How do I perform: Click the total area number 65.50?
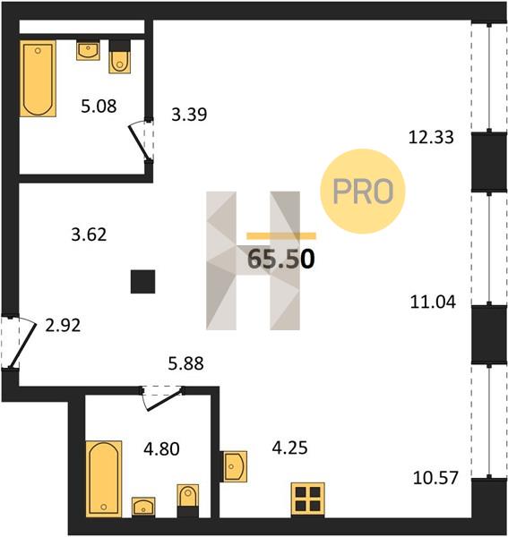(x=280, y=259)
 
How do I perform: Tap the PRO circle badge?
(x=363, y=192)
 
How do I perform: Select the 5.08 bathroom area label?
(x=99, y=106)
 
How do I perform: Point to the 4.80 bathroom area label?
(x=161, y=448)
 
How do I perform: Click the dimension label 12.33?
(x=431, y=137)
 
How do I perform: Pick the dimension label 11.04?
(x=433, y=303)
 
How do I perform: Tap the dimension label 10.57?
(x=435, y=478)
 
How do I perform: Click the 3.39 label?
(x=189, y=115)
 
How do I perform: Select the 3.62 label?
(x=89, y=234)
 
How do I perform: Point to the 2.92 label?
(x=63, y=325)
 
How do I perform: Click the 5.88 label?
(x=185, y=363)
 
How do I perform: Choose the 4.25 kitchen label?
(x=289, y=447)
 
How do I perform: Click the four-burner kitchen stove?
(x=308, y=499)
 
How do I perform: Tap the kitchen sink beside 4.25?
(x=235, y=466)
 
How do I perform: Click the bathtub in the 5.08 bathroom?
(x=38, y=79)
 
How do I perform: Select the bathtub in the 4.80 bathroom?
(x=104, y=479)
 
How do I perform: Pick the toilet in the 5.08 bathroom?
(x=120, y=57)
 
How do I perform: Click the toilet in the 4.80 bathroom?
(x=188, y=500)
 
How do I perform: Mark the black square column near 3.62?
(x=143, y=282)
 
